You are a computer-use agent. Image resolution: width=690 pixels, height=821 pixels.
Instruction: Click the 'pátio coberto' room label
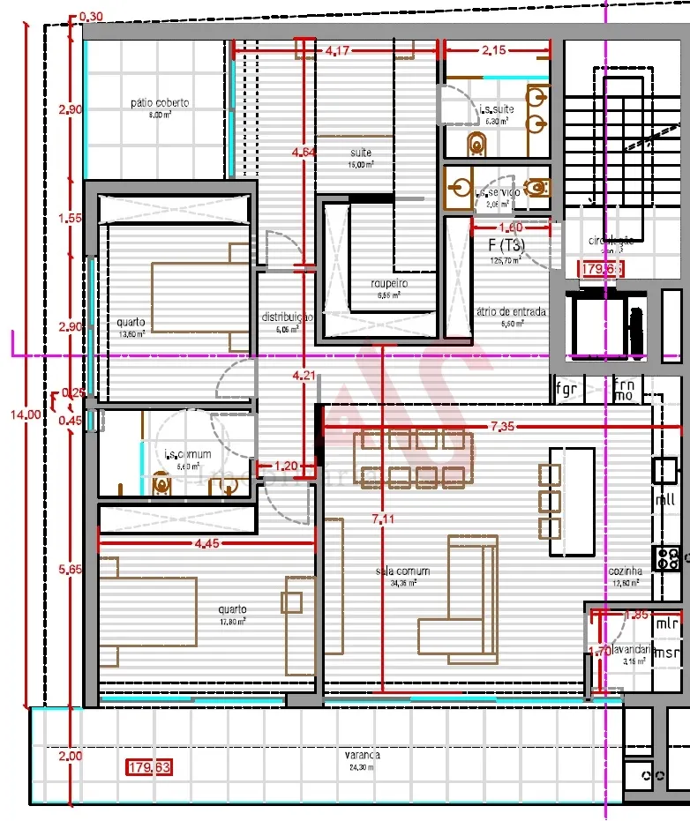pyautogui.click(x=160, y=103)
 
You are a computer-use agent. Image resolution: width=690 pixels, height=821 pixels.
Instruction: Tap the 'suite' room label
pyautogui.click(x=360, y=152)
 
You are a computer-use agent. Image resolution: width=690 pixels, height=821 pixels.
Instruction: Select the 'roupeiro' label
pyautogui.click(x=389, y=283)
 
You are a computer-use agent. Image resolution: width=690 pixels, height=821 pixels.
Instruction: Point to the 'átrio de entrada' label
pyautogui.click(x=511, y=311)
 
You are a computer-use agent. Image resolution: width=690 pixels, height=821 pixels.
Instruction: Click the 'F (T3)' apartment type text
pyautogui.click(x=506, y=246)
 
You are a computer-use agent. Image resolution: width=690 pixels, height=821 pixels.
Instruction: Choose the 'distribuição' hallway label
pyautogui.click(x=287, y=317)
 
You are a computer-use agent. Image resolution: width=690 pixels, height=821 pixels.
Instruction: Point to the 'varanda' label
pyautogui.click(x=363, y=756)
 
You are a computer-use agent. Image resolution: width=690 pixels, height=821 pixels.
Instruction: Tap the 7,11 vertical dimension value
pyautogui.click(x=383, y=519)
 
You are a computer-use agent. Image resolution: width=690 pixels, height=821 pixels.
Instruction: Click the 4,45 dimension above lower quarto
pyautogui.click(x=206, y=543)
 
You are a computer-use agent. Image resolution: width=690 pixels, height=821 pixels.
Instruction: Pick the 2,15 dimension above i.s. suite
pyautogui.click(x=494, y=51)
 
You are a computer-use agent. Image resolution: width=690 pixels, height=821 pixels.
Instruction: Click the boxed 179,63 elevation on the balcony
pyautogui.click(x=148, y=767)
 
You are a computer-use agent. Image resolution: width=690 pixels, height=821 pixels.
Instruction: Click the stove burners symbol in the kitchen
pyautogui.click(x=667, y=556)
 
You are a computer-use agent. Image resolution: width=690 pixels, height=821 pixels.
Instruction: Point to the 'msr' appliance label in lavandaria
pyautogui.click(x=668, y=653)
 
